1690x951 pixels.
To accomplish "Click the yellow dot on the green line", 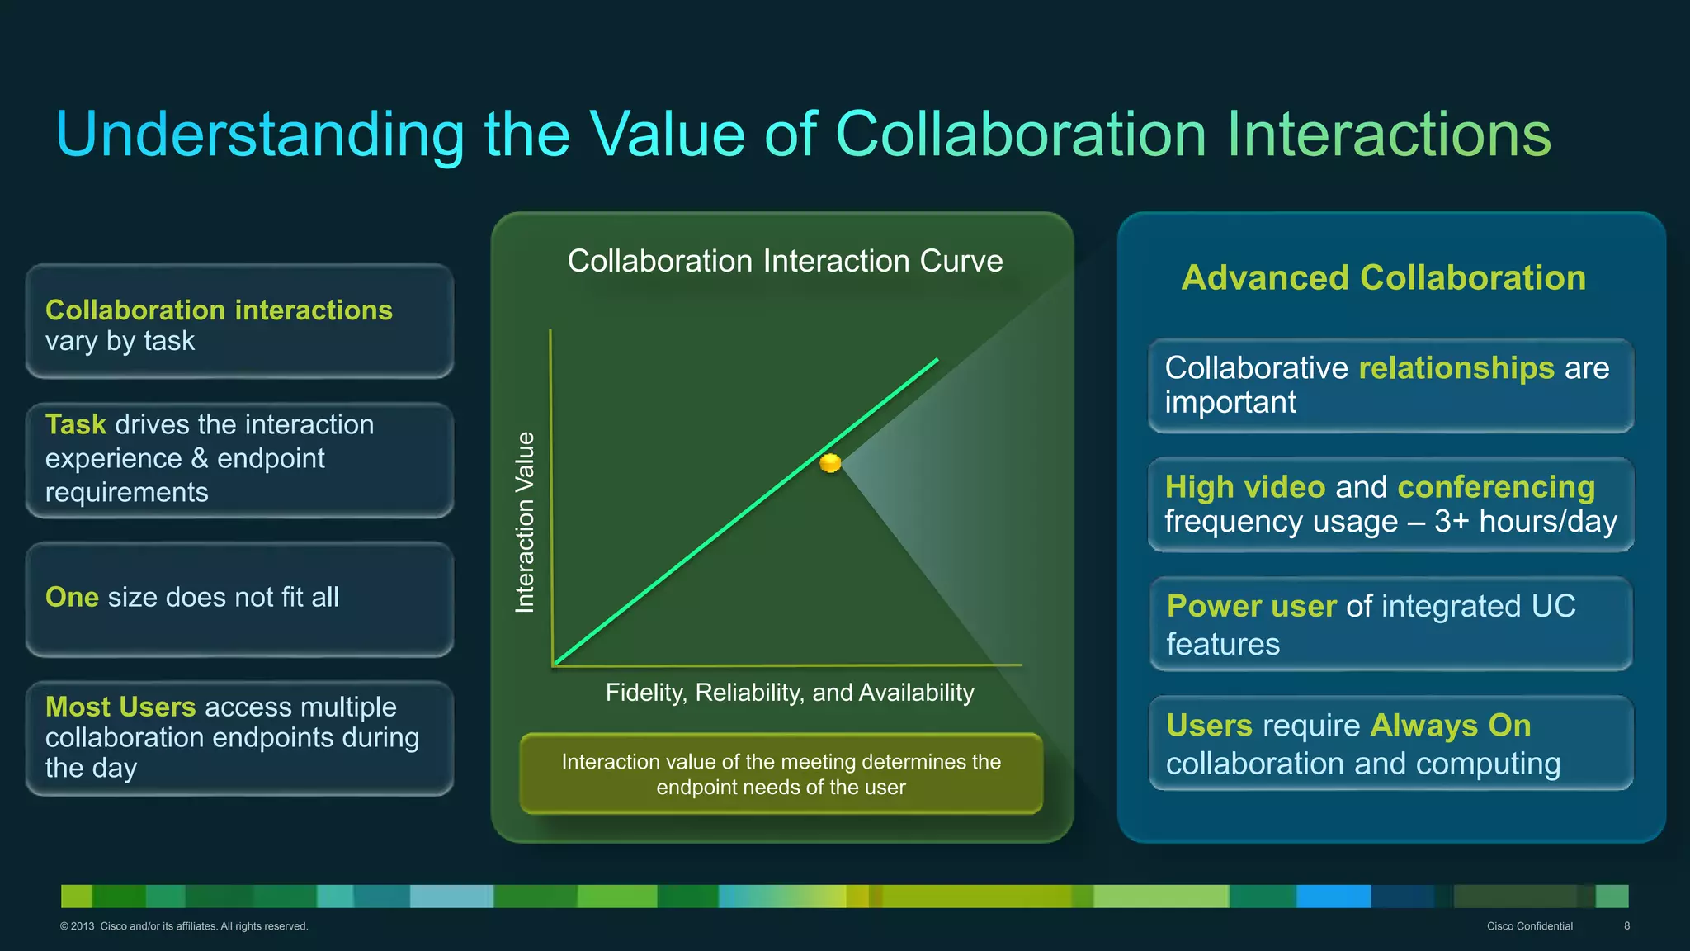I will (x=830, y=463).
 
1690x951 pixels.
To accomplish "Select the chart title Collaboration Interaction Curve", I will (x=785, y=261).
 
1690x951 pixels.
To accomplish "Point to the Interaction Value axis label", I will (x=525, y=522).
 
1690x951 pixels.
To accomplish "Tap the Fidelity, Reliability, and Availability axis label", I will (x=790, y=693).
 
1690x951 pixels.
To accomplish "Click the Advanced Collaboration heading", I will (x=1383, y=277).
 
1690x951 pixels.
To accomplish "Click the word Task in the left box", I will (x=75, y=424).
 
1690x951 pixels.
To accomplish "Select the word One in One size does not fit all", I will (x=72, y=597).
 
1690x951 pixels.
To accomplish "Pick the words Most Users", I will (x=120, y=707).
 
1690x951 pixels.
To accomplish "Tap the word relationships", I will (x=1456, y=368).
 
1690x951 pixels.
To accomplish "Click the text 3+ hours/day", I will (x=1526, y=522).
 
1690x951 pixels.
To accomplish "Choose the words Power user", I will (x=1251, y=607).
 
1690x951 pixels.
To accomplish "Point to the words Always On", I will (x=1450, y=726).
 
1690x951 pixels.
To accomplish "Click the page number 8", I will (x=1626, y=926).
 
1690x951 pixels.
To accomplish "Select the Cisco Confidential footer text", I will (x=1529, y=926).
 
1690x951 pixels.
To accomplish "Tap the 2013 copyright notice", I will (x=183, y=926).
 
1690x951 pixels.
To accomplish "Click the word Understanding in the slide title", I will (x=260, y=135).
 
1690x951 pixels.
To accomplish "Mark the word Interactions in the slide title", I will (x=1388, y=135).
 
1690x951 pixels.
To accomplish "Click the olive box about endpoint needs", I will (x=781, y=774).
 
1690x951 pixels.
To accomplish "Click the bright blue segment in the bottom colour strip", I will (x=1333, y=896).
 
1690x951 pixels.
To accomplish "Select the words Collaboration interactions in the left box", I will (x=219, y=310).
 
